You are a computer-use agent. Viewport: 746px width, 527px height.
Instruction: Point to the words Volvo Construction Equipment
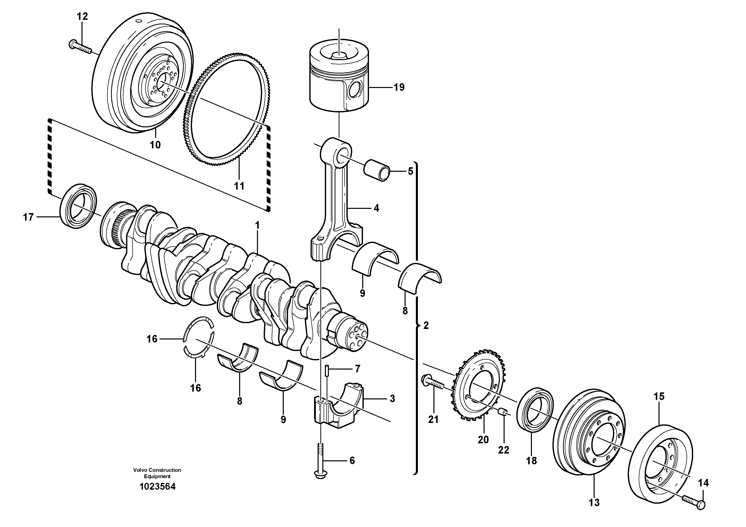[x=157, y=473]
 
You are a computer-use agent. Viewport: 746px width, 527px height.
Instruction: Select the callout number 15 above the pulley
[x=659, y=396]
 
